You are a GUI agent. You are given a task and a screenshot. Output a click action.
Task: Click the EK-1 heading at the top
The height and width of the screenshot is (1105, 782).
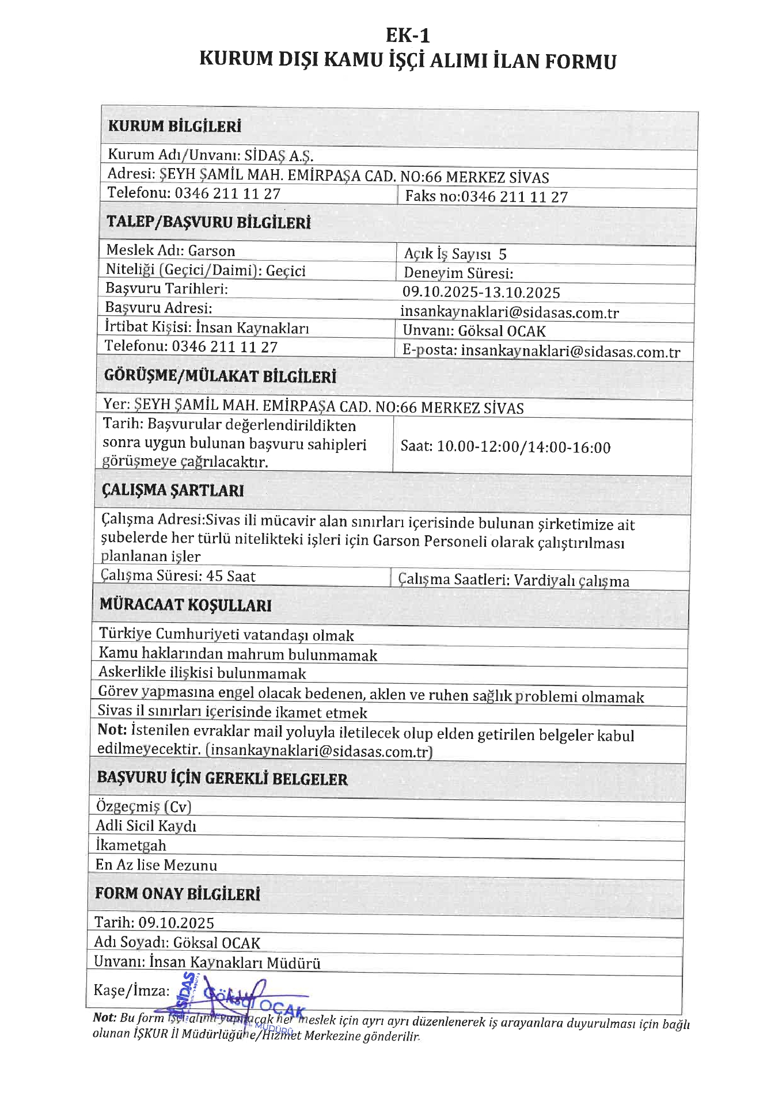click(x=407, y=36)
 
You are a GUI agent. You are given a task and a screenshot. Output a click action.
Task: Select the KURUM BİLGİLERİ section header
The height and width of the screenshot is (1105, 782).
click(x=174, y=127)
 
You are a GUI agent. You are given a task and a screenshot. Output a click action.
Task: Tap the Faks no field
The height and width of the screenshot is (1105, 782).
click(x=486, y=197)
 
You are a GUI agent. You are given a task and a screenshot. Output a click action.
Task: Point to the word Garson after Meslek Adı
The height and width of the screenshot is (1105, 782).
click(x=211, y=251)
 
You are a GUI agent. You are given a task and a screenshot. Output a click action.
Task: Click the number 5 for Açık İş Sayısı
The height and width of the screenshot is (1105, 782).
click(x=503, y=254)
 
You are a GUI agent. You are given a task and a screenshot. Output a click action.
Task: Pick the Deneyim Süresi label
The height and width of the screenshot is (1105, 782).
click(x=458, y=273)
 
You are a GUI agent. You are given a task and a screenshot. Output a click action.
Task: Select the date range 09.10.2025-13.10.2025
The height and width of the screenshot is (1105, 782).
click(x=481, y=293)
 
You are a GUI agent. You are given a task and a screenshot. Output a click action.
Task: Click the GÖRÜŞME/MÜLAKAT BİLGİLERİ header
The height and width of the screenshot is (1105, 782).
click(x=220, y=377)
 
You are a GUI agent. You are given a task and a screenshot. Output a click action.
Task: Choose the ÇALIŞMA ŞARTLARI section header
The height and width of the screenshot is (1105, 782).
click(x=173, y=490)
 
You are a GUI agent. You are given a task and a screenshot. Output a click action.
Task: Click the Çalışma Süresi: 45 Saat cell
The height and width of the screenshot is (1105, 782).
click(x=178, y=576)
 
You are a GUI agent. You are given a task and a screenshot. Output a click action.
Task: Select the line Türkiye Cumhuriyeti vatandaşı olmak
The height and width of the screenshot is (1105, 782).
click(x=226, y=635)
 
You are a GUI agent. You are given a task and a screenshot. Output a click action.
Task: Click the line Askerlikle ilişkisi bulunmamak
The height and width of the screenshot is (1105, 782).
click(x=202, y=673)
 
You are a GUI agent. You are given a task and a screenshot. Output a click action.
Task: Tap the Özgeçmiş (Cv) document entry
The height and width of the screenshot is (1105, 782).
click(x=143, y=807)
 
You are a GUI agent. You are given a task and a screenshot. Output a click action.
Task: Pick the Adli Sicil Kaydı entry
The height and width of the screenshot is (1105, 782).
click(x=146, y=826)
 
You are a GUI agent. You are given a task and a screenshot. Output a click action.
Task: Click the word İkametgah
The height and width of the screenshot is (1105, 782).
click(x=131, y=846)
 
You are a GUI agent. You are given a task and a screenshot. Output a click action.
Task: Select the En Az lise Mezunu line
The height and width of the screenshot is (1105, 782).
click(x=156, y=866)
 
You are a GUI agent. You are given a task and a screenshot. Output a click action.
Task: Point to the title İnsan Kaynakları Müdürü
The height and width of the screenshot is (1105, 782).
click(x=235, y=963)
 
